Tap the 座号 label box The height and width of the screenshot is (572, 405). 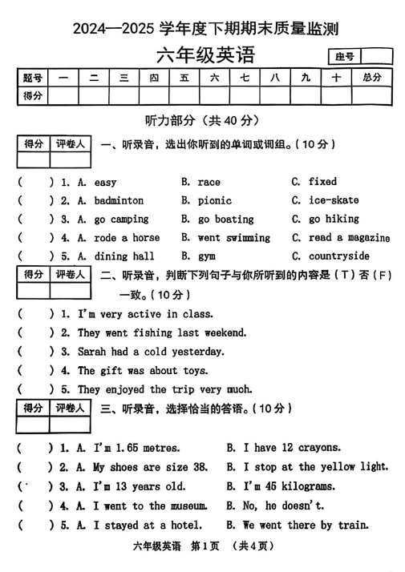click(345, 57)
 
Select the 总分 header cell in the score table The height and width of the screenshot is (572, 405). click(371, 78)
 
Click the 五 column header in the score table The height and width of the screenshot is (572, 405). click(184, 78)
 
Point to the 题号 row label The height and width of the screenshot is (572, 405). click(34, 78)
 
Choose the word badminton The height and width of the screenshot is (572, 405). click(119, 200)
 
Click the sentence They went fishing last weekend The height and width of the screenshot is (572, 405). click(162, 332)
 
